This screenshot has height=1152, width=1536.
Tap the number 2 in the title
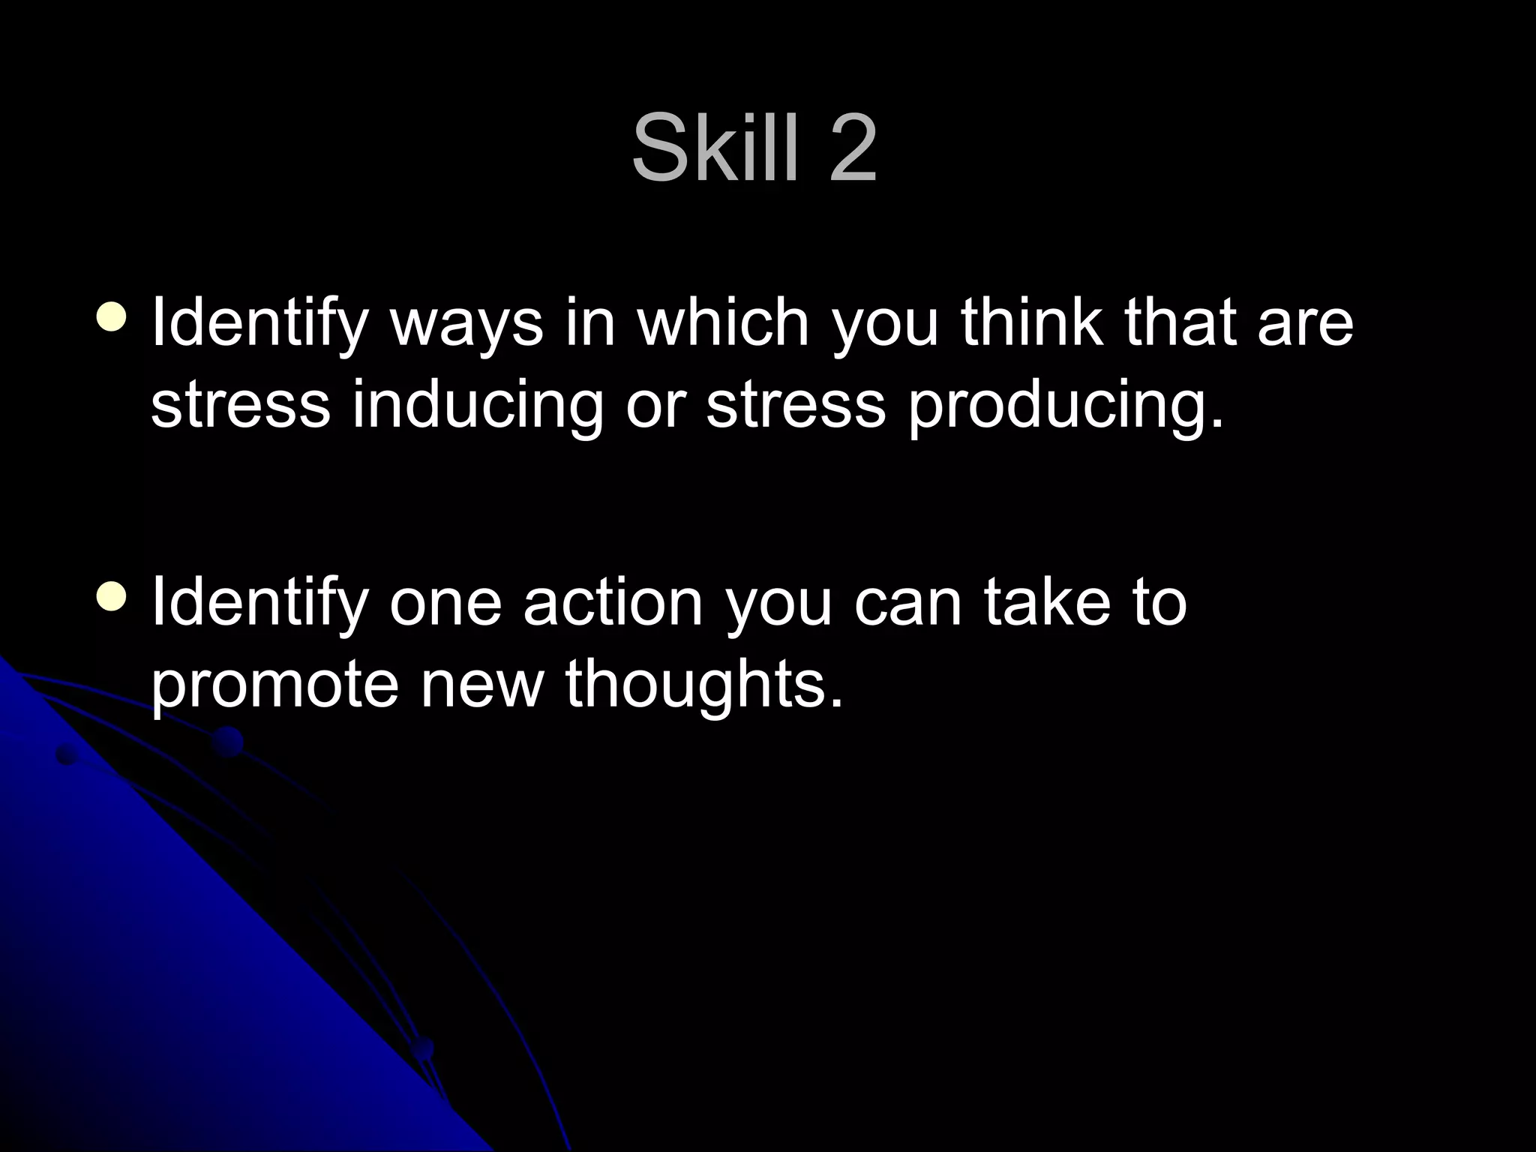[x=852, y=148]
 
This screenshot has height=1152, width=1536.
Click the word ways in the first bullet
[x=466, y=324]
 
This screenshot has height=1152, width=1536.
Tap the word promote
[x=274, y=685]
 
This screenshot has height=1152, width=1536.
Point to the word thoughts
[x=704, y=685]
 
